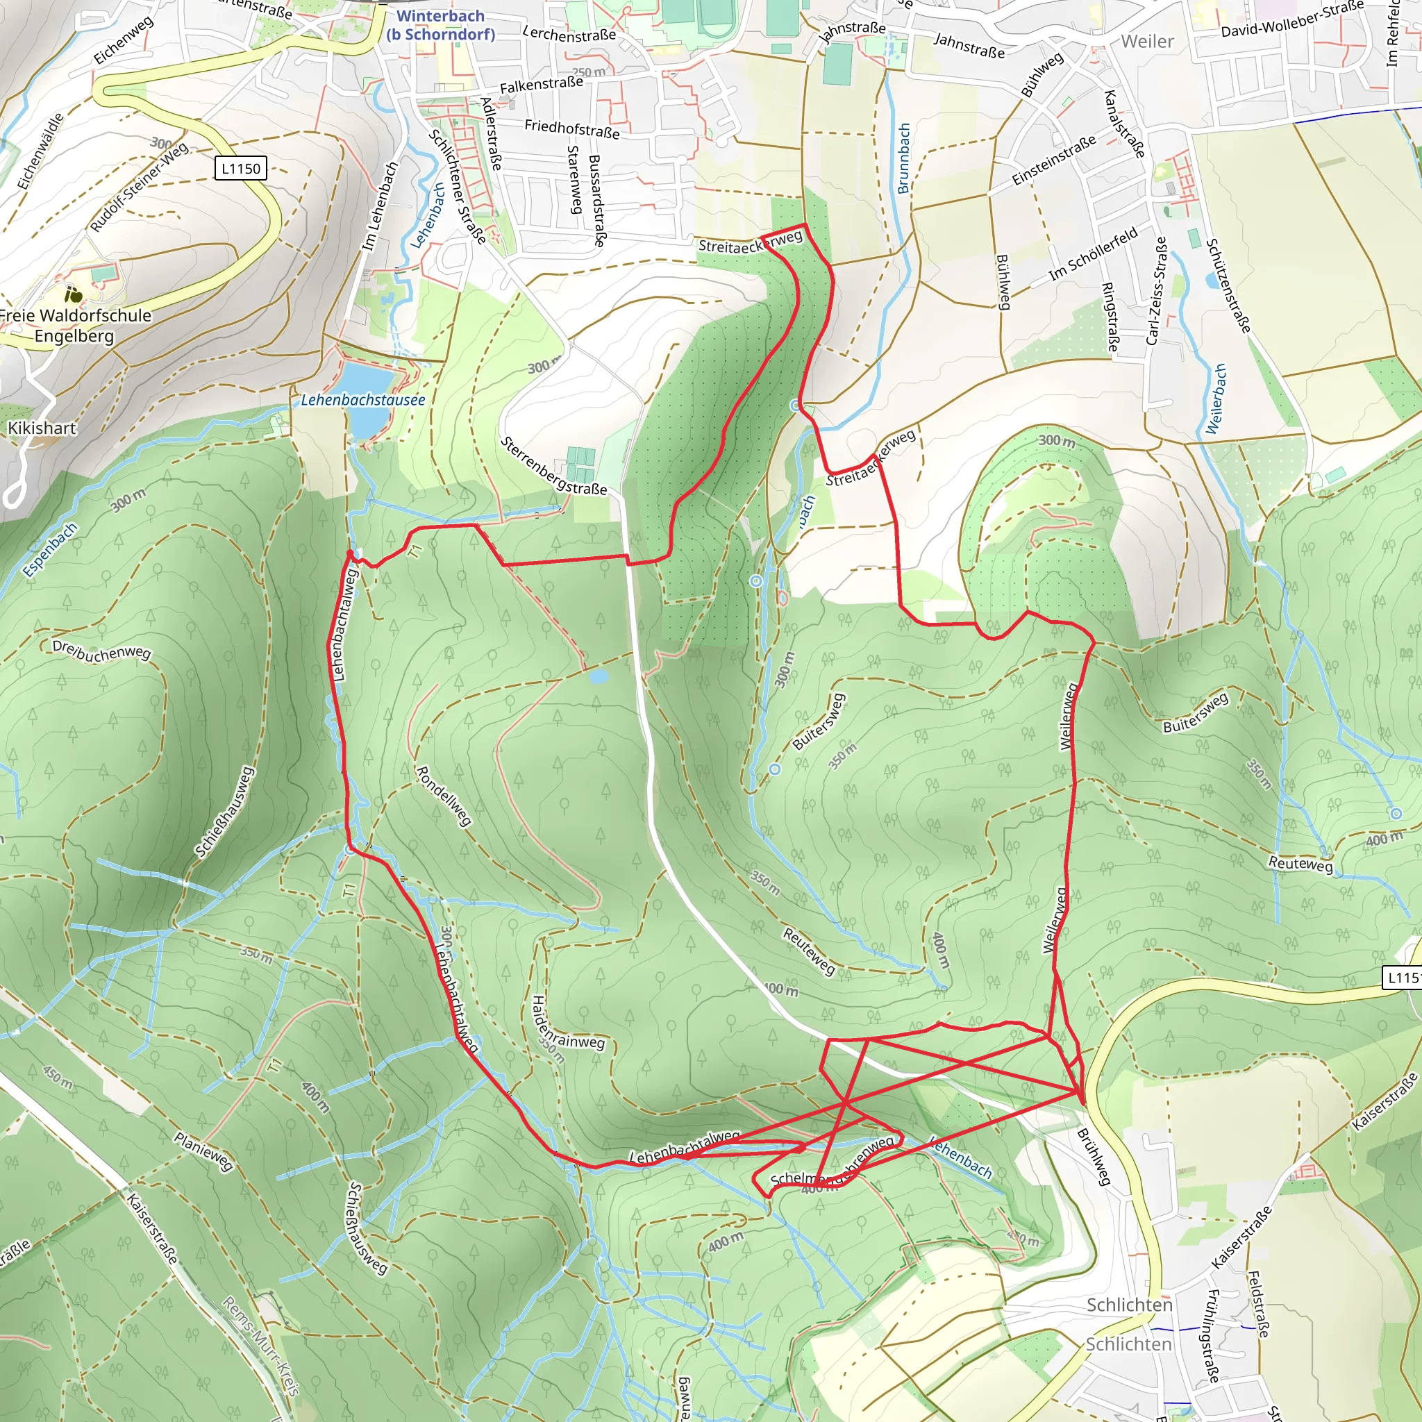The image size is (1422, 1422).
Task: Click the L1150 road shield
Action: [241, 169]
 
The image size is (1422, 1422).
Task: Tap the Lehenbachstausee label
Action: [363, 401]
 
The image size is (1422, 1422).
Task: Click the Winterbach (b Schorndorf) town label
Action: [440, 25]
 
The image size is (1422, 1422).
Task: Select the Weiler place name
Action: [1147, 41]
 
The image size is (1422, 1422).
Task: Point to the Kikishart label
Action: [42, 428]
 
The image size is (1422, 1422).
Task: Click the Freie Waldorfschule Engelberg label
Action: [74, 326]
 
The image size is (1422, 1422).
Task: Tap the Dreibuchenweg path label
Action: [101, 651]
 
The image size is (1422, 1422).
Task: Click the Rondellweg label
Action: [444, 796]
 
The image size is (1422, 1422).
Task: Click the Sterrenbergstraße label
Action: [553, 466]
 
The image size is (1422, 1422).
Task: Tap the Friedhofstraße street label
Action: [572, 129]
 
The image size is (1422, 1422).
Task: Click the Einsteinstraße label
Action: [1053, 160]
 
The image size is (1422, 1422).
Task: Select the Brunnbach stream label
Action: [904, 158]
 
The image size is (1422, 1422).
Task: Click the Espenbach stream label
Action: [50, 550]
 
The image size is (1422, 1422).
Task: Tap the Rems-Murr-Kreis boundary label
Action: [261, 1346]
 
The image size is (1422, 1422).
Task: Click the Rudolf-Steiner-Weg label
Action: [139, 187]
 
